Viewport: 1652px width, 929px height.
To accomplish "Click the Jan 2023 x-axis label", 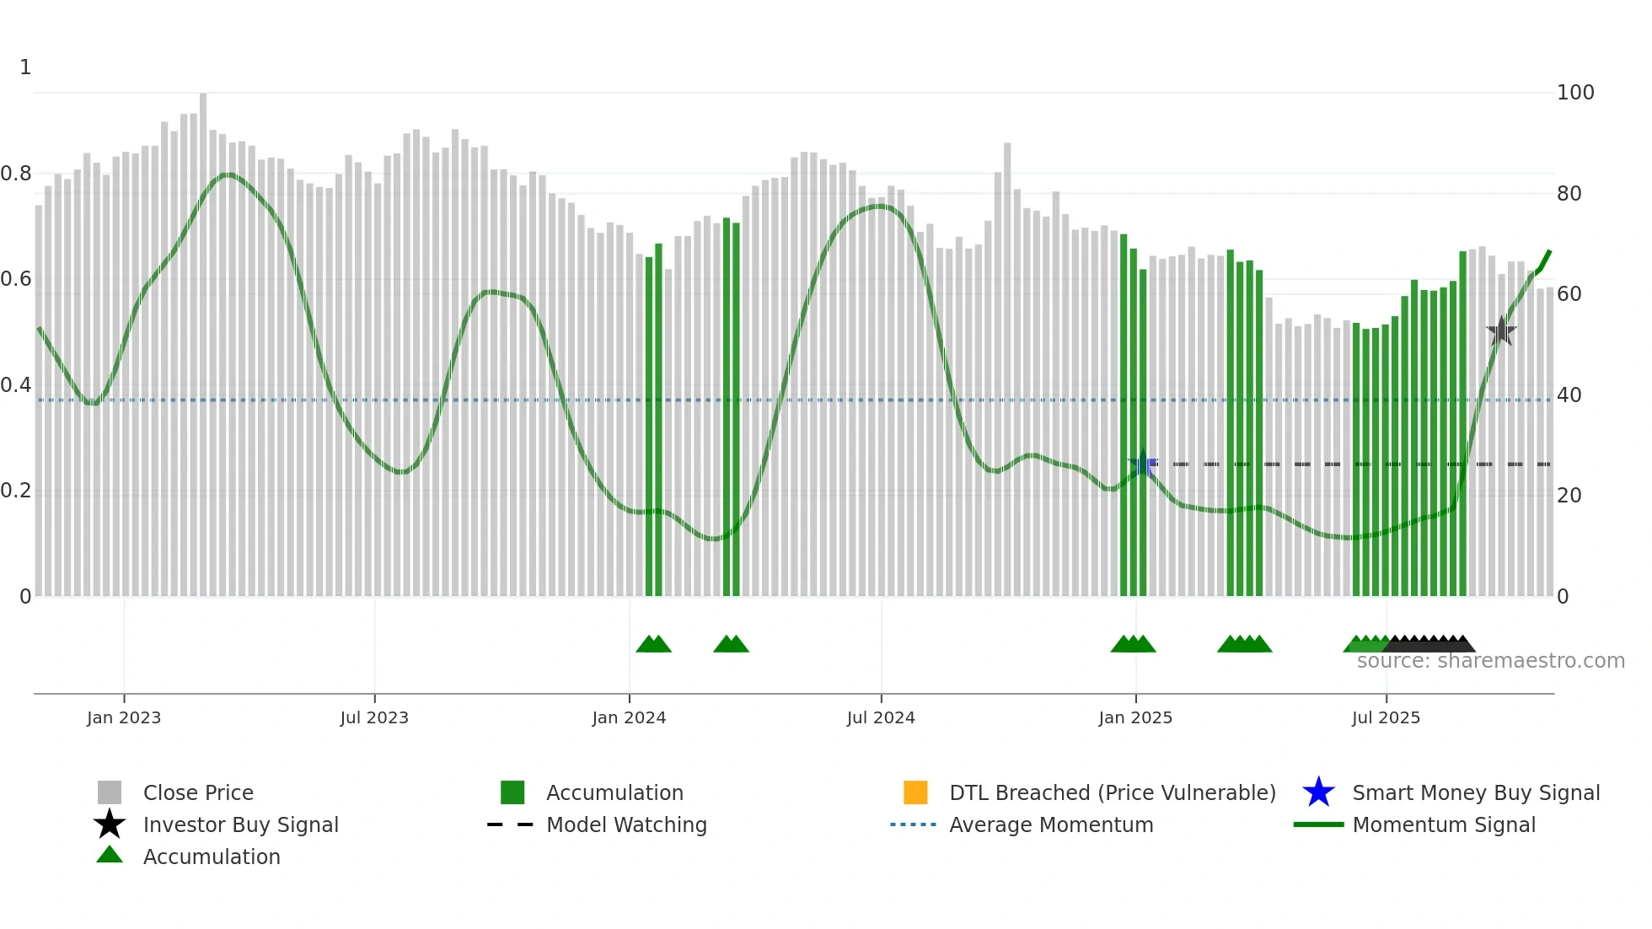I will [124, 718].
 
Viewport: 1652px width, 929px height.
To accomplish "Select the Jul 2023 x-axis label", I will [374, 718].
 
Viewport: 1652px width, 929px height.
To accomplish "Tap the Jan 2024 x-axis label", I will [629, 718].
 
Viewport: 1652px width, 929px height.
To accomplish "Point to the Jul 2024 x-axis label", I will [881, 718].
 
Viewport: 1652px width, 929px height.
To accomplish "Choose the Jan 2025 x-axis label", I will [1135, 718].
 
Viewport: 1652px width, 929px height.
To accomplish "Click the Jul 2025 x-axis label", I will [1386, 718].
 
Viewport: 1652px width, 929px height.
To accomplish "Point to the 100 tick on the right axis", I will [1575, 93].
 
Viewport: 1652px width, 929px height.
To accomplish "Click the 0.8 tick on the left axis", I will [16, 174].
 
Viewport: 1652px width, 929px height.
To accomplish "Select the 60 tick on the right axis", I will [1569, 294].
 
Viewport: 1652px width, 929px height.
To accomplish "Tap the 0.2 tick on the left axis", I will [16, 491].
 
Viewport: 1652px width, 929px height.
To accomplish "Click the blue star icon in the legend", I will [1318, 792].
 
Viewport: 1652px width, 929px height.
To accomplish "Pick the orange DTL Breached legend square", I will [915, 792].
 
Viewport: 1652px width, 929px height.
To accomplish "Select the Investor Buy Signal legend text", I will [241, 824].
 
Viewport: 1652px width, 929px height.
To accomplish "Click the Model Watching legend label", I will [626, 824].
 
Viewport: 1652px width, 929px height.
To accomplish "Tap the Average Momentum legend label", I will [1051, 824].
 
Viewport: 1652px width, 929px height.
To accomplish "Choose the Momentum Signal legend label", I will [1444, 824].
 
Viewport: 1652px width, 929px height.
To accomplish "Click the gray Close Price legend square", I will [110, 792].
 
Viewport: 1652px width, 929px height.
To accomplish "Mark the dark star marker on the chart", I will [1501, 330].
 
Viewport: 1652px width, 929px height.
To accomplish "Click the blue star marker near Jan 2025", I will [1143, 464].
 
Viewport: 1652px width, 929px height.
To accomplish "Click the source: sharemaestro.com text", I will [1491, 661].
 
